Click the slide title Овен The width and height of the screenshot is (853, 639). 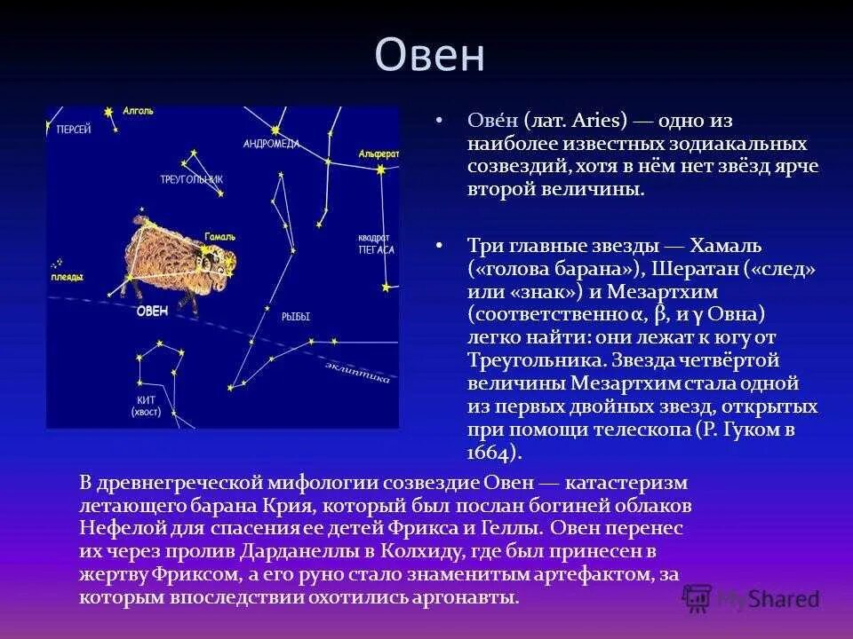430,55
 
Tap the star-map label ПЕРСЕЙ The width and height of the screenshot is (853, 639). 74,130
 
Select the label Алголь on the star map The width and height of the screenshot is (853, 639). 139,111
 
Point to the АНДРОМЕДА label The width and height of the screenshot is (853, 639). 271,144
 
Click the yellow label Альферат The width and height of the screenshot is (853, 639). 379,154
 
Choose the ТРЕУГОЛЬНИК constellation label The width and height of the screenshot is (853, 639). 192,179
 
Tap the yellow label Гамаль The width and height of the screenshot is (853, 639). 220,237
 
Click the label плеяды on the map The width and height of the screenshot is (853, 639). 67,277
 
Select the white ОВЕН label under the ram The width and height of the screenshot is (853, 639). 152,311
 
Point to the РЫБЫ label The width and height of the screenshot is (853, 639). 295,316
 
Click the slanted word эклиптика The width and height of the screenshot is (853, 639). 357,373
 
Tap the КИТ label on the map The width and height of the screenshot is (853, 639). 146,400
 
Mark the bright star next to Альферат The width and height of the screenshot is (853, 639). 381,170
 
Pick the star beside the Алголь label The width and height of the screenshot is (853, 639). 108,112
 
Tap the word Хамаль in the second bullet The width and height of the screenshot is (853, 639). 726,246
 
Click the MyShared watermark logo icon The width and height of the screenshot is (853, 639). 698,599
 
